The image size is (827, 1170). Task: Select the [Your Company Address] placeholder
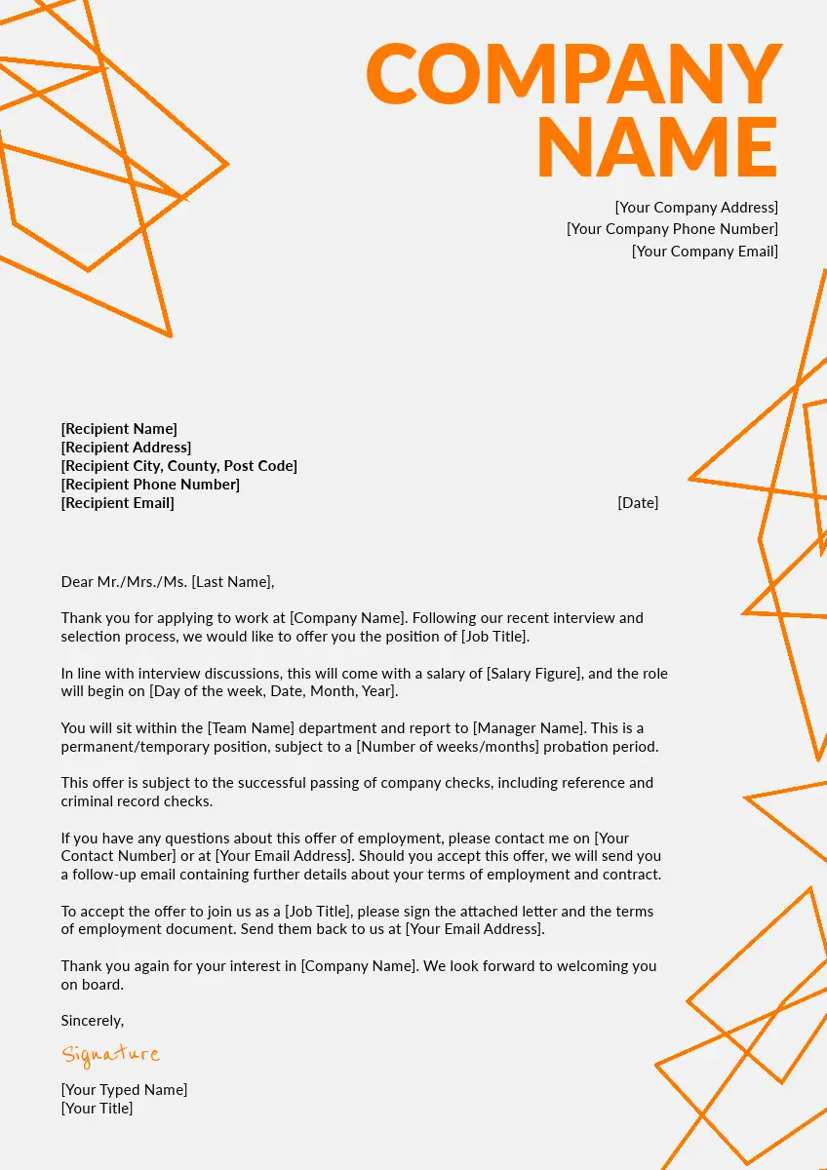696,207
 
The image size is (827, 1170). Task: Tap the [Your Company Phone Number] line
672,229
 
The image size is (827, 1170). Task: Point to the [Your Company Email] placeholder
704,252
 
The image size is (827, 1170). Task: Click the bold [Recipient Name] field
119,429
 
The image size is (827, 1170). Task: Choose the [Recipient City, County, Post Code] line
178,466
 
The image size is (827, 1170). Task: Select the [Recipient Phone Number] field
150,485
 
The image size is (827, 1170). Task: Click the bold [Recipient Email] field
117,503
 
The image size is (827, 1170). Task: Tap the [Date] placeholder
638,503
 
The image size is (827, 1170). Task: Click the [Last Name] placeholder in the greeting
230,582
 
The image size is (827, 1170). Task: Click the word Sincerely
93,1021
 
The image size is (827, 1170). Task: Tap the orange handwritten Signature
110,1054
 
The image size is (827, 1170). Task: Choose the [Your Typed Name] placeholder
124,1090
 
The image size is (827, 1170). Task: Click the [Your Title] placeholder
97,1109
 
